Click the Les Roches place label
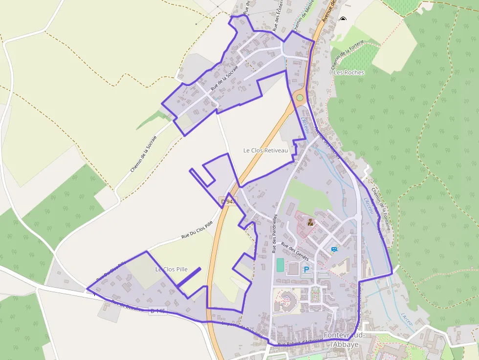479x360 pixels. pyautogui.click(x=348, y=72)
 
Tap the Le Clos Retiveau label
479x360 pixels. pyautogui.click(x=266, y=150)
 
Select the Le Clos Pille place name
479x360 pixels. pyautogui.click(x=172, y=269)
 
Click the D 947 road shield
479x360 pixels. pyautogui.click(x=228, y=201)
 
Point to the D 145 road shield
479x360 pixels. pyautogui.click(x=158, y=311)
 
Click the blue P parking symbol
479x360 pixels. pyautogui.click(x=306, y=269)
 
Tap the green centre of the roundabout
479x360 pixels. pyautogui.click(x=300, y=98)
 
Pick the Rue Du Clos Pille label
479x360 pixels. pyautogui.click(x=197, y=229)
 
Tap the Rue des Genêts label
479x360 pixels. pyautogui.click(x=295, y=253)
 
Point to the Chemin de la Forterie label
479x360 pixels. pyautogui.click(x=348, y=54)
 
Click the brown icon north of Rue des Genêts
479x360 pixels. pyautogui.click(x=310, y=223)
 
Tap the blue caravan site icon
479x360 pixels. pyautogui.click(x=334, y=250)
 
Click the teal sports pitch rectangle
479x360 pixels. pyautogui.click(x=280, y=265)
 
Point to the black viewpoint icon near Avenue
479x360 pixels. pyautogui.click(x=343, y=19)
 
